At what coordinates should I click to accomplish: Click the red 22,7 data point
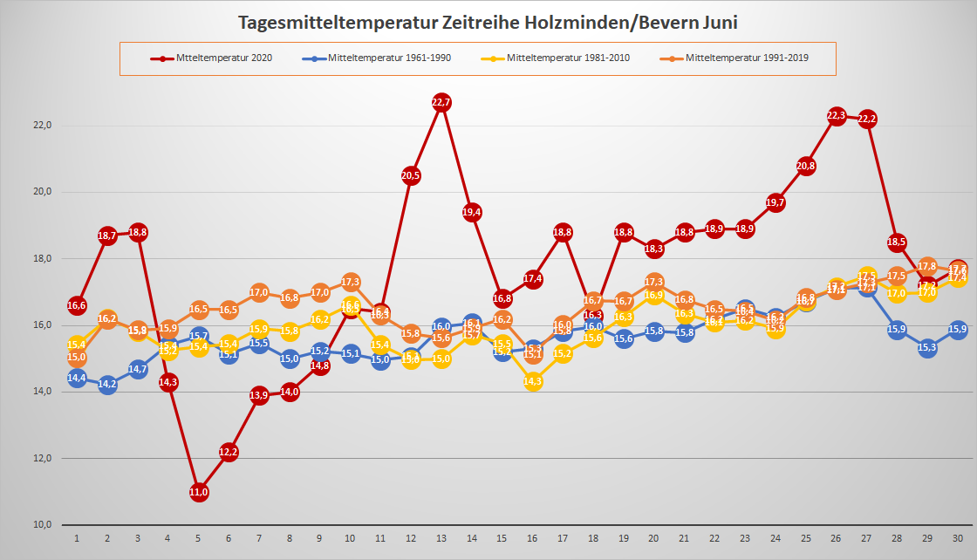pos(441,103)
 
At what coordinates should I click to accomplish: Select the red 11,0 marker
pos(199,492)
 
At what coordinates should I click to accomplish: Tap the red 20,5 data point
pos(411,175)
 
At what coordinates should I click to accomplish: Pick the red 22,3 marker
pos(837,116)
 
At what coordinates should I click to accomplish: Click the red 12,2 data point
pos(229,452)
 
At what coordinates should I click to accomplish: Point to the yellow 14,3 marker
pos(533,381)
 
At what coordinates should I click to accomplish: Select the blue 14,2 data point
pos(107,385)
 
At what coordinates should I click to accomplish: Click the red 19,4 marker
pos(472,212)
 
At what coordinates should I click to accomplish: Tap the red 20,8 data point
pos(806,166)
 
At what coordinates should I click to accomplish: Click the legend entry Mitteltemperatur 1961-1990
pos(384,58)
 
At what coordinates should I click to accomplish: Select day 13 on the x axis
pos(441,539)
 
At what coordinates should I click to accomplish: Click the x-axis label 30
pos(958,539)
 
